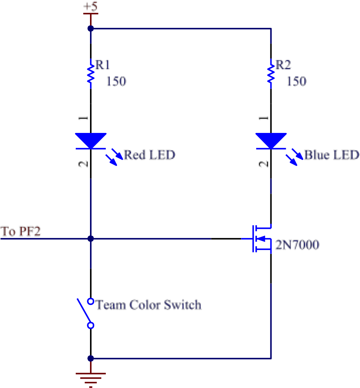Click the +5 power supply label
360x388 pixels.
pos(91,7)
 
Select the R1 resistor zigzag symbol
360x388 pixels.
pos(91,74)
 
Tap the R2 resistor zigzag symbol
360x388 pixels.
pos(271,74)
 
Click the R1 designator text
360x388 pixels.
pos(103,65)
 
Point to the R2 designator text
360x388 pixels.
pos(283,65)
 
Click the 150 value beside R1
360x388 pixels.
pos(116,81)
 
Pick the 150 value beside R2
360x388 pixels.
pos(296,81)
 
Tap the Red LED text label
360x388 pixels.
pos(149,155)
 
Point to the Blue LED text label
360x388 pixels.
pos(332,155)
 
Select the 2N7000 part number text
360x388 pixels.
pos(297,245)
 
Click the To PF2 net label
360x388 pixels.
pos(20,231)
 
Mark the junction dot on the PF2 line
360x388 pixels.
pos(91,239)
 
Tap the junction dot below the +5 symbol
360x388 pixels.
pos(91,28)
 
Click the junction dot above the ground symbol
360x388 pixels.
pos(91,358)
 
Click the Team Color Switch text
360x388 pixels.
pos(149,305)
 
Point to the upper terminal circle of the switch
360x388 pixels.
pos(91,301)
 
